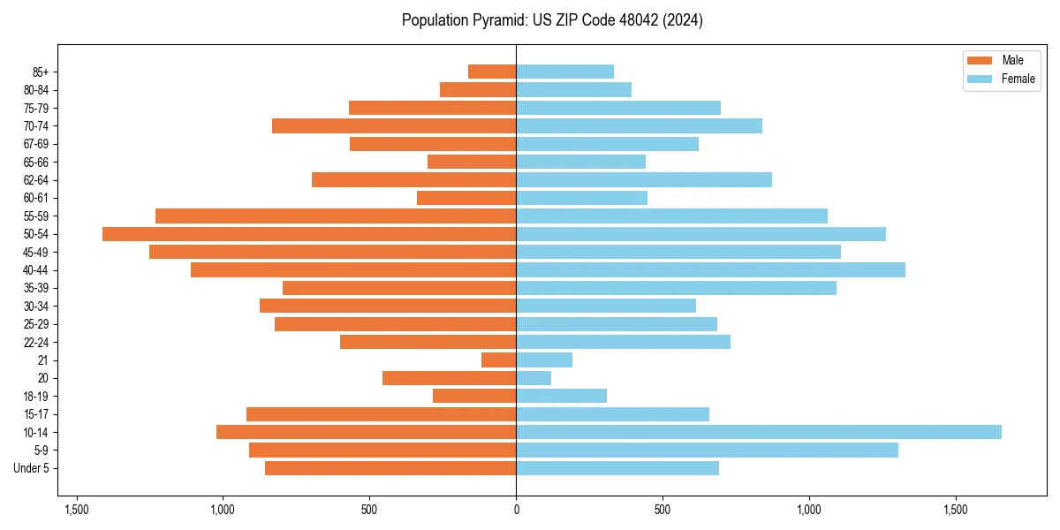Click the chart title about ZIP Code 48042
click(x=552, y=20)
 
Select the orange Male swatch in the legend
click(x=980, y=60)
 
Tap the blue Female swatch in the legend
click(x=980, y=79)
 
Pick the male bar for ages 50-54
click(x=309, y=234)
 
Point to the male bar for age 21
click(x=499, y=360)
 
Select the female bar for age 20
click(x=534, y=378)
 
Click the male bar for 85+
click(x=492, y=72)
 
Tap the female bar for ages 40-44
click(x=710, y=270)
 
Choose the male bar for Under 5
click(x=390, y=468)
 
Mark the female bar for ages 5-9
click(x=707, y=450)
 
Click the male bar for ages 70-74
click(x=394, y=125)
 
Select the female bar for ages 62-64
click(x=644, y=180)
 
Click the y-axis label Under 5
click(x=32, y=468)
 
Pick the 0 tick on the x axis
click(x=516, y=510)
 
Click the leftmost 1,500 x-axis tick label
click(x=77, y=510)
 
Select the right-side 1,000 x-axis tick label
click(x=809, y=510)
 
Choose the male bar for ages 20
click(x=449, y=378)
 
